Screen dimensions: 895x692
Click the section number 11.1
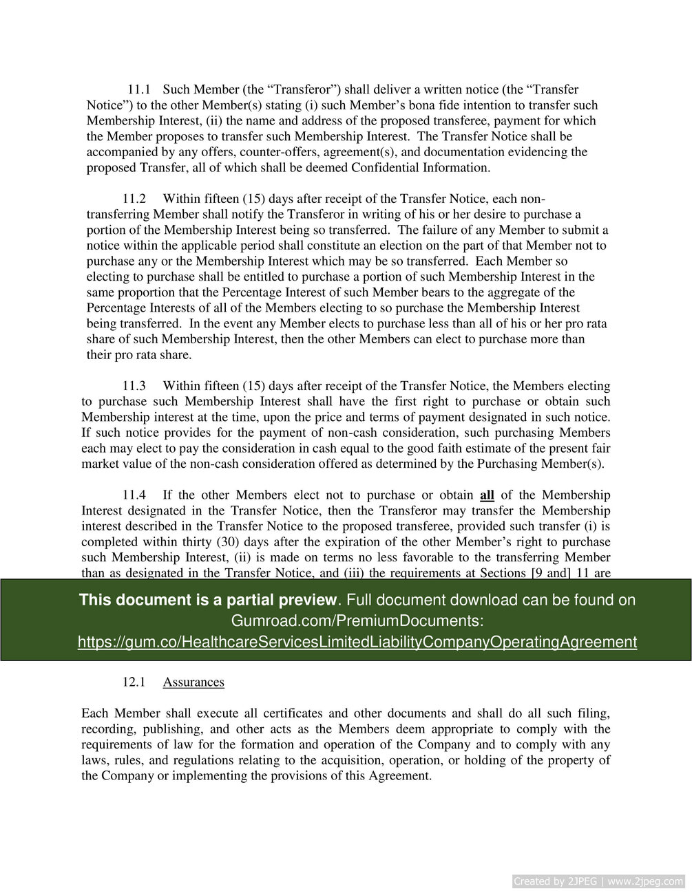139,89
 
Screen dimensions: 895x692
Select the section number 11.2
134,199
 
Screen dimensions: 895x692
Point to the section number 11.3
134,386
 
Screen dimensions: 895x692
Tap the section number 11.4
134,495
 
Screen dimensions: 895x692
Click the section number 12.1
134,682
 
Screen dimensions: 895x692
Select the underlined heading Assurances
193,682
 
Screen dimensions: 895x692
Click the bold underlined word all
487,495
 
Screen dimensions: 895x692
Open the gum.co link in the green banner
357,642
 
